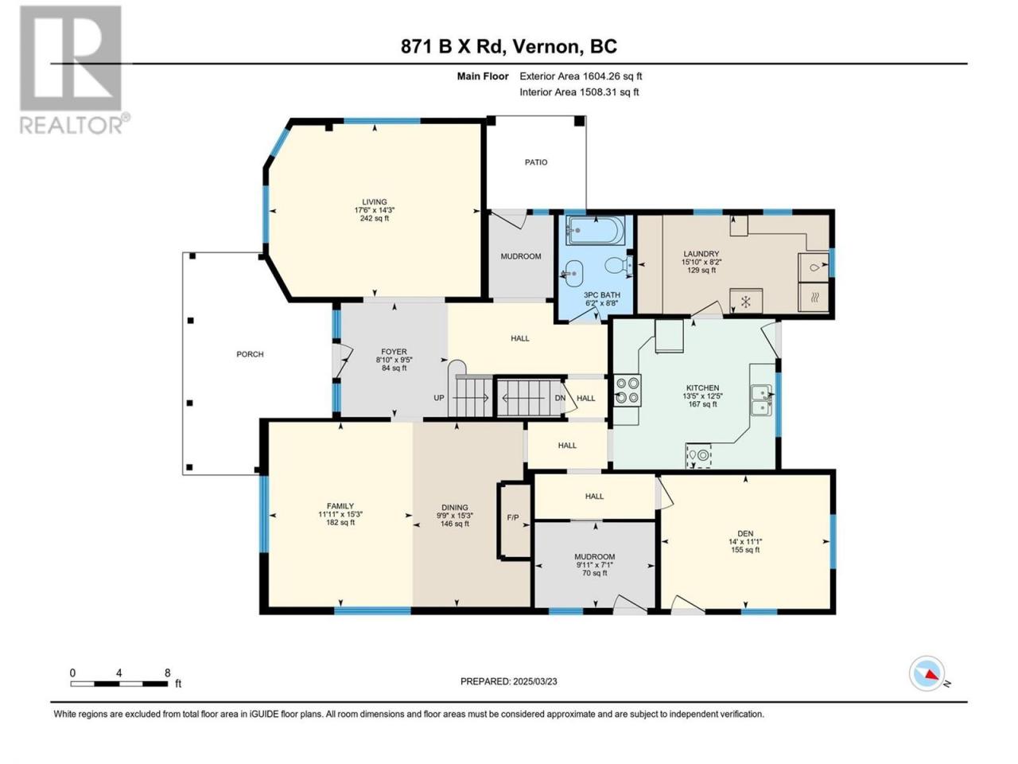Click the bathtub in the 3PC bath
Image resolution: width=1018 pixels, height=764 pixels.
tap(595, 231)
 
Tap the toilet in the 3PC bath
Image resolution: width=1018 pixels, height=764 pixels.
tap(619, 265)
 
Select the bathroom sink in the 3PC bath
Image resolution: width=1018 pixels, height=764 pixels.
tap(573, 273)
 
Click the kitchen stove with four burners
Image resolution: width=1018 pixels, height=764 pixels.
tap(628, 390)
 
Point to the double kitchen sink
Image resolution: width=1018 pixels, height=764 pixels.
tap(761, 400)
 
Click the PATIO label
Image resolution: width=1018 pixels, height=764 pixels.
tap(536, 162)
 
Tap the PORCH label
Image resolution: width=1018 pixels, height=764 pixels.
tap(250, 354)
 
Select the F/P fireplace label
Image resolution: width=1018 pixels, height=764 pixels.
tap(513, 517)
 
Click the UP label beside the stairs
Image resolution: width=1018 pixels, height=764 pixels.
tap(439, 398)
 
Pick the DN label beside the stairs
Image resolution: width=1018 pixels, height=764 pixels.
tap(560, 398)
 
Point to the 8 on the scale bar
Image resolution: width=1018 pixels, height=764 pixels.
tap(168, 672)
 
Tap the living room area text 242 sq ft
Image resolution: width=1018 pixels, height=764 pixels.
tap(375, 219)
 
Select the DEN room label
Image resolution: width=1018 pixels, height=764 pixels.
tap(745, 533)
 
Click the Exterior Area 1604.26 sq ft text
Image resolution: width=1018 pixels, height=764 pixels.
tap(581, 76)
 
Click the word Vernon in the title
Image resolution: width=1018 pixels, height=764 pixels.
tap(546, 47)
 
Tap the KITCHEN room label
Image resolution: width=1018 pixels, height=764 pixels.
tap(702, 388)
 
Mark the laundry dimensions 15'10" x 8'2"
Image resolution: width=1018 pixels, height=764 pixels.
tap(701, 262)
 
